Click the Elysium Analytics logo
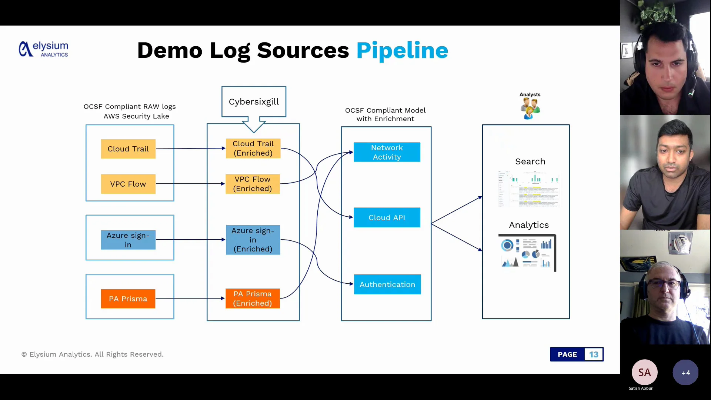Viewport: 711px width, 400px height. [43, 49]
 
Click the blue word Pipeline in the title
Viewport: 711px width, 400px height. [402, 50]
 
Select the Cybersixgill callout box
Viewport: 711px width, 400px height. [254, 101]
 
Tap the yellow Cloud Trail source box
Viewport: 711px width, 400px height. [128, 149]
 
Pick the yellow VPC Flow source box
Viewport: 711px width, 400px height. [128, 184]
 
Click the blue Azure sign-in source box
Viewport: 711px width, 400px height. [128, 240]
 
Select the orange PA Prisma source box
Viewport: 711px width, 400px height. [128, 299]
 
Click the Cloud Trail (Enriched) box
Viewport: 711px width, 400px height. [253, 149]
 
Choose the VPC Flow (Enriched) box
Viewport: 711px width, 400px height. [253, 184]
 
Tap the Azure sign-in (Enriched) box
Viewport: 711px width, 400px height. [253, 240]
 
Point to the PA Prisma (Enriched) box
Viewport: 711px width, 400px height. [253, 299]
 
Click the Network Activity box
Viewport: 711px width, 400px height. [387, 152]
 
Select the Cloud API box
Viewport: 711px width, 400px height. [387, 218]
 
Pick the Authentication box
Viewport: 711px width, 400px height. [387, 284]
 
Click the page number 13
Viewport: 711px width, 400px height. [594, 354]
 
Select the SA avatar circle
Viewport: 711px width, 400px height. [644, 372]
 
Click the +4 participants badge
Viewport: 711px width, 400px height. [685, 373]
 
